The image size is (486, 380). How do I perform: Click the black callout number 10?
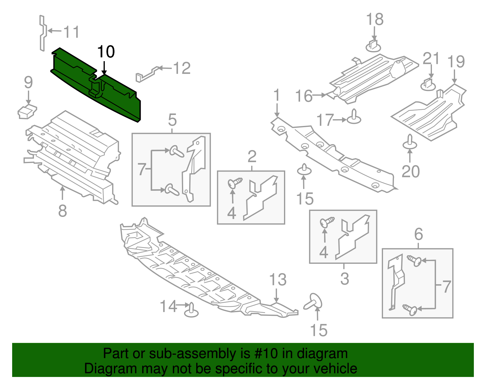(x=106, y=52)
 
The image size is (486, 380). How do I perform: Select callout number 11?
(x=72, y=32)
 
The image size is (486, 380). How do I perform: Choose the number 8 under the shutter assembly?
(x=62, y=211)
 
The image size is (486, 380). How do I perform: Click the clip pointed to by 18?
(x=373, y=46)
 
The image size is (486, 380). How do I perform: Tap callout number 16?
(x=304, y=96)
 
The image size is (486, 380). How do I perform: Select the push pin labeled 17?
(x=354, y=117)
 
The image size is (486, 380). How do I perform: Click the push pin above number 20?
(x=409, y=142)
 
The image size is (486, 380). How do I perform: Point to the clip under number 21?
(x=428, y=84)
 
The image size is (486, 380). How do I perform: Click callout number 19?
(x=456, y=62)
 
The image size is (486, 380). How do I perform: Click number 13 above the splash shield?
(x=278, y=280)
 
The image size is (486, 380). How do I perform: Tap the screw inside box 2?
(x=234, y=183)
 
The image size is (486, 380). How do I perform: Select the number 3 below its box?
(x=344, y=278)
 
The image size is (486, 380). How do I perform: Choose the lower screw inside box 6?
(x=410, y=309)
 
